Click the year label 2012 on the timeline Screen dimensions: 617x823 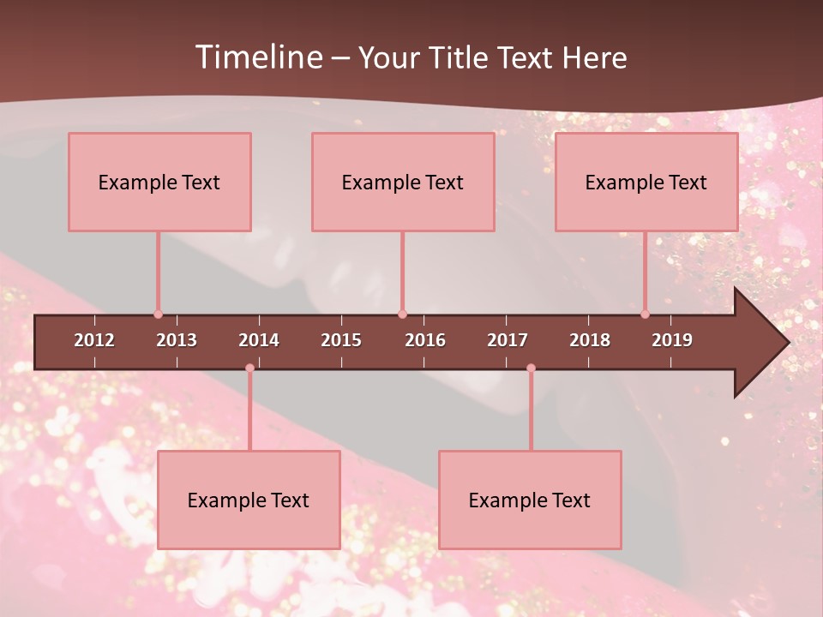click(94, 340)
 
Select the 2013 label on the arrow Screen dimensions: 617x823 click(177, 340)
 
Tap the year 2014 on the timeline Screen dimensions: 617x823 click(259, 340)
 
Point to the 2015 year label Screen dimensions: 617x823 click(341, 340)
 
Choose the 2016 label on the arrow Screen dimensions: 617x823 click(425, 340)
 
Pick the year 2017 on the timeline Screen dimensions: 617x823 click(508, 340)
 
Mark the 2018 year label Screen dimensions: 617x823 click(590, 340)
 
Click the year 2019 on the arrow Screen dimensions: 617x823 click(672, 340)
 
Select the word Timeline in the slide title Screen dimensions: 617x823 click(257, 57)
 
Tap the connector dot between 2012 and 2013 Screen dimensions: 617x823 click(158, 314)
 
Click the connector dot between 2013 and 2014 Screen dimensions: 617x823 click(249, 368)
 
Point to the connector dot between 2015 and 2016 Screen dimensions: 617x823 click(402, 314)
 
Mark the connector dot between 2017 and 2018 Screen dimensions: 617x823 click(531, 368)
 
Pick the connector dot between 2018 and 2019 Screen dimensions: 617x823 click(645, 314)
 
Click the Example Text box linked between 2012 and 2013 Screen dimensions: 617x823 click(159, 182)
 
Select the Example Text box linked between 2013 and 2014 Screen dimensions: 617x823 click(249, 500)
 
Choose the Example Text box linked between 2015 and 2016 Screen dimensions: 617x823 click(403, 182)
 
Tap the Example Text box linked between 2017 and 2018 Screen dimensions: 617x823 click(530, 500)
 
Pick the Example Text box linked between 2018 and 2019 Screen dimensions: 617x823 click(646, 182)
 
